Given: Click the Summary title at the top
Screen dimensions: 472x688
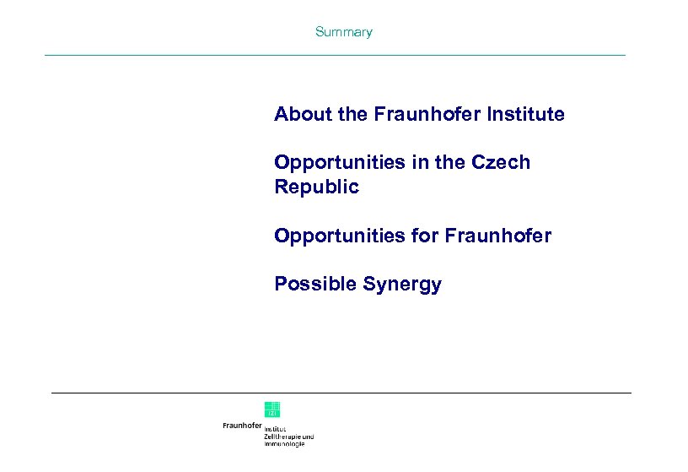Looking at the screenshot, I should click(x=343, y=32).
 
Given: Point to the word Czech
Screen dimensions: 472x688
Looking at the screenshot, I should click(x=503, y=162).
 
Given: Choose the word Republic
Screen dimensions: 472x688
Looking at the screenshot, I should click(x=316, y=187).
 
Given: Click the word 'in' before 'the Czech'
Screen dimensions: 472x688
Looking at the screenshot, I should click(x=419, y=162).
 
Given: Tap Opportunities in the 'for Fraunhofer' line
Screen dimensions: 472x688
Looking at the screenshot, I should click(x=340, y=236).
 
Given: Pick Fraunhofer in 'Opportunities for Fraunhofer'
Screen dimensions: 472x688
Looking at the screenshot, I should click(x=500, y=236).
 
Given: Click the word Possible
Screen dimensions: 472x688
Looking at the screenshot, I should click(x=315, y=285).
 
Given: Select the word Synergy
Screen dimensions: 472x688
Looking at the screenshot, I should click(x=402, y=285).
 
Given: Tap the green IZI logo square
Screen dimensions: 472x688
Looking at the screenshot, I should click(x=272, y=410).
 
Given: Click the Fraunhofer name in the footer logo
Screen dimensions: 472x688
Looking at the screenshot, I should click(x=242, y=426).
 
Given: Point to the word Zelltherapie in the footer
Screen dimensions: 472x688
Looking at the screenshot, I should click(x=282, y=437).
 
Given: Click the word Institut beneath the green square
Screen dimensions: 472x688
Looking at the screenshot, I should click(x=275, y=429).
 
